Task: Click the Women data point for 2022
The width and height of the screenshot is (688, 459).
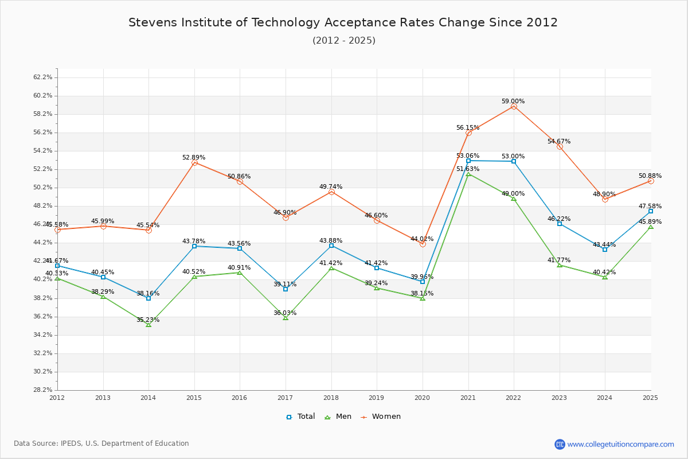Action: click(x=514, y=107)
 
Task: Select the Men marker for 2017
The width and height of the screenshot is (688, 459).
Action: click(x=286, y=318)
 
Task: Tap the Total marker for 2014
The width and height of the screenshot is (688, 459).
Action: click(x=148, y=298)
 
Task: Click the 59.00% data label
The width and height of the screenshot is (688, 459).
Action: click(x=513, y=101)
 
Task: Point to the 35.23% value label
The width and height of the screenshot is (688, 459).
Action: click(x=148, y=320)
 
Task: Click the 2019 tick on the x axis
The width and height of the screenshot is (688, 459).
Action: click(x=377, y=397)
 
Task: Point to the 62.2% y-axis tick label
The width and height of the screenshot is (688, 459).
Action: click(x=44, y=77)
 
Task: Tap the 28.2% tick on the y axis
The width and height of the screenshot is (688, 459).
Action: click(x=44, y=390)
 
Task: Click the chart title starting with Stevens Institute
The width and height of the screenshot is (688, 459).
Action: click(x=343, y=22)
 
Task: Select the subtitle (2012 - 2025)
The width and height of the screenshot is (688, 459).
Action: click(x=344, y=40)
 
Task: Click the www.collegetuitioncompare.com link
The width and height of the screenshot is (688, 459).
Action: click(x=620, y=444)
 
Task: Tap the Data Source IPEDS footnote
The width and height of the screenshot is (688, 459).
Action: click(x=101, y=444)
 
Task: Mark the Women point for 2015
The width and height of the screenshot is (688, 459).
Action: click(x=194, y=163)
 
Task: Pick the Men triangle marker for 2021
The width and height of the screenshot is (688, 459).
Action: click(x=468, y=174)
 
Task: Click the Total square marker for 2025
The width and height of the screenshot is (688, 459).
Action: click(x=651, y=211)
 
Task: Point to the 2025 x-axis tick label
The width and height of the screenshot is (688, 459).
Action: click(x=650, y=397)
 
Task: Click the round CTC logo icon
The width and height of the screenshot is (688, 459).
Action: click(x=560, y=444)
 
